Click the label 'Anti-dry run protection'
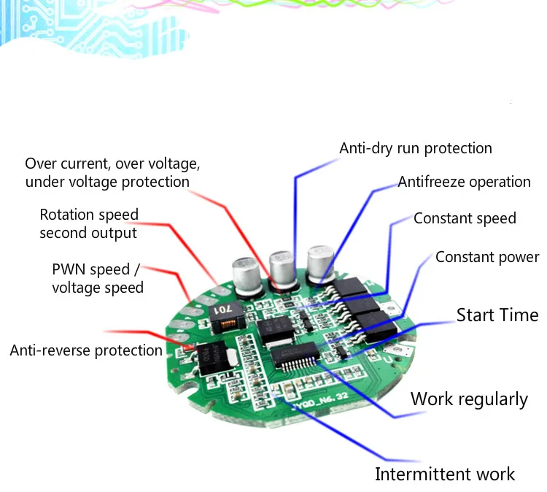[416, 148]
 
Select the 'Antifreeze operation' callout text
[464, 182]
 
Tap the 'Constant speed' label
[465, 218]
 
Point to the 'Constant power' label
[487, 257]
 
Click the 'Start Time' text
[497, 315]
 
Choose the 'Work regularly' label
[469, 399]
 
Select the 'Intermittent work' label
[445, 474]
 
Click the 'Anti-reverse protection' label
[86, 350]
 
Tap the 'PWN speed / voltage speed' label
[97, 278]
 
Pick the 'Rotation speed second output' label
[89, 224]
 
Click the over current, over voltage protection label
[112, 172]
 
